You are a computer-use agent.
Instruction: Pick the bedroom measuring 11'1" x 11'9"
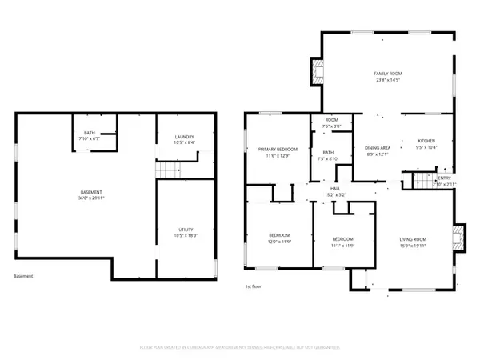(x=342, y=242)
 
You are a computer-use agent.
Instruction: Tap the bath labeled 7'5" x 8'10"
(x=328, y=155)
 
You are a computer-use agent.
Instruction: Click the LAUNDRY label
(x=185, y=140)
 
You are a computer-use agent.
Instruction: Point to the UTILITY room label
(x=185, y=230)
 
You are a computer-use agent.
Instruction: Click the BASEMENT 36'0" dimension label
(x=91, y=198)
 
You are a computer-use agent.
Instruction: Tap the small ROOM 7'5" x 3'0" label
(x=331, y=123)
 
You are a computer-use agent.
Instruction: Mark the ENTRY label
(x=443, y=181)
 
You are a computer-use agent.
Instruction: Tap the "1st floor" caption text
(x=253, y=286)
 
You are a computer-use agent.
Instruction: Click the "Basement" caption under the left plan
(x=24, y=276)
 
